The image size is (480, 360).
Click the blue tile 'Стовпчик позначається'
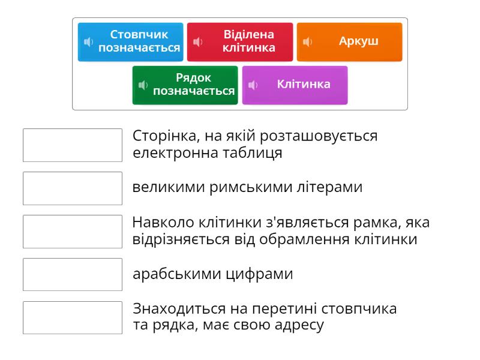(130, 42)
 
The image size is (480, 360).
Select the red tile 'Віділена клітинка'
(240, 42)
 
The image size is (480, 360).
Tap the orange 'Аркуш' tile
(350, 42)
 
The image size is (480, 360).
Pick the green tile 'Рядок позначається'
(185, 85)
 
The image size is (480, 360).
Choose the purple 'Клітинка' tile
(295, 85)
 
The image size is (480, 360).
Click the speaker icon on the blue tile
(88, 41)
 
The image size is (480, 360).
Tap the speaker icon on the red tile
(198, 41)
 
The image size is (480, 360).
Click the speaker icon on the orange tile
(307, 41)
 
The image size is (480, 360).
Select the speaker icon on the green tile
(143, 85)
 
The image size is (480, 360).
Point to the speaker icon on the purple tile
(253, 85)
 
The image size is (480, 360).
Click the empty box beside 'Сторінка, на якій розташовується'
(73, 145)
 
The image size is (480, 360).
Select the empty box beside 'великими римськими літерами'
(73, 188)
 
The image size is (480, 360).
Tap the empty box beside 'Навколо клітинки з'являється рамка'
(73, 232)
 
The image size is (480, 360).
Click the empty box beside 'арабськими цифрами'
(73, 275)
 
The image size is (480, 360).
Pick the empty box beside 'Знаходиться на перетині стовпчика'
(73, 318)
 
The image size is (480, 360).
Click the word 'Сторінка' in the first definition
(166, 136)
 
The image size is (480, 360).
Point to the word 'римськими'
(251, 188)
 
